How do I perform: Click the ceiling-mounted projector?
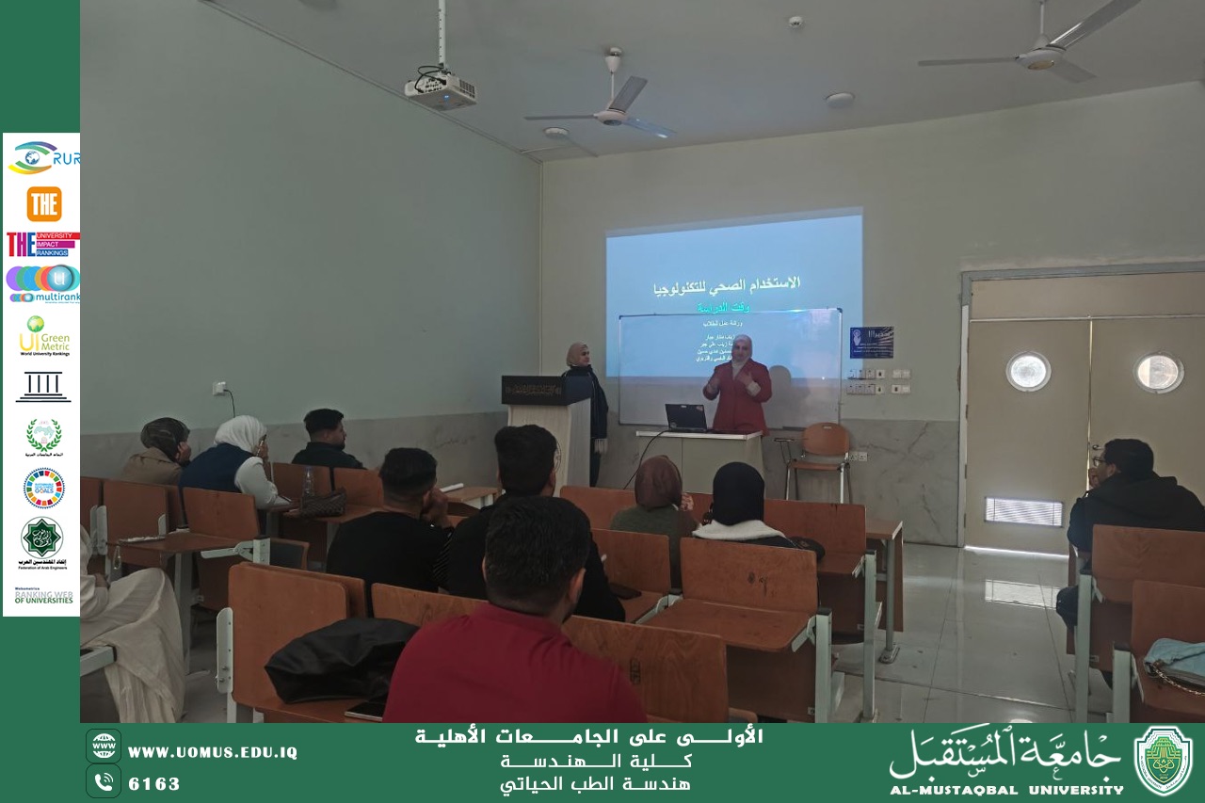[441, 89]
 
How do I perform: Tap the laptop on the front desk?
[685, 417]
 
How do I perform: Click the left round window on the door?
[1028, 371]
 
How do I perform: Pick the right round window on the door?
[1158, 373]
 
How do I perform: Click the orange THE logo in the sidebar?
[43, 203]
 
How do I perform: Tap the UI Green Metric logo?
[43, 335]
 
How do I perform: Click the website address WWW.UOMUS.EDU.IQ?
[212, 752]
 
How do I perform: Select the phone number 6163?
[153, 783]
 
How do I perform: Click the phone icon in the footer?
[104, 781]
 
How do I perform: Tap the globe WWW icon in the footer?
[104, 746]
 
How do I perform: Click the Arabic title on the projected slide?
[727, 282]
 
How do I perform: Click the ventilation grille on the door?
[1023, 511]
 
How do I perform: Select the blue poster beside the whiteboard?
[871, 342]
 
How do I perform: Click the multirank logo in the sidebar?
[43, 283]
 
